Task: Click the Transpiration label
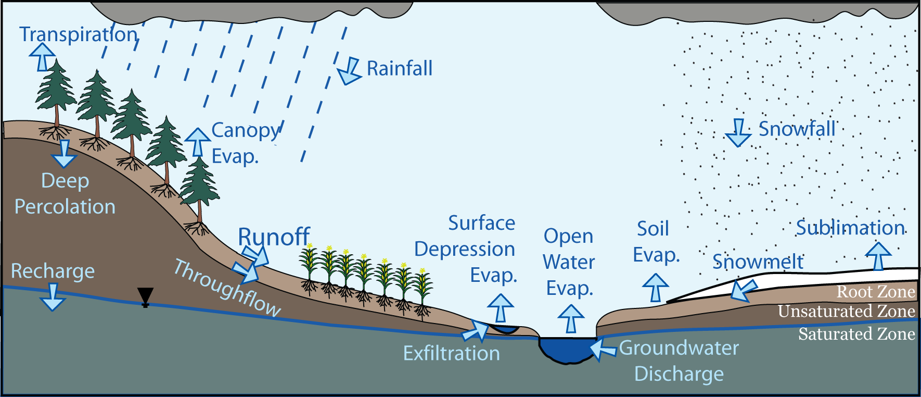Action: (78, 34)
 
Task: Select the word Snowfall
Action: (797, 129)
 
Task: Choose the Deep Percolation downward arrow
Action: (64, 153)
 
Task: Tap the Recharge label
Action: (53, 271)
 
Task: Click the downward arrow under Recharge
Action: (53, 297)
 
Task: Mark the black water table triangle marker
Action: (145, 296)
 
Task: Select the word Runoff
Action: (274, 237)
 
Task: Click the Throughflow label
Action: (227, 288)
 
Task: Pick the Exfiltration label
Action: (451, 353)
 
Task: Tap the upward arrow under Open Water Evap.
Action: (571, 318)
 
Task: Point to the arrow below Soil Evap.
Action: (655, 288)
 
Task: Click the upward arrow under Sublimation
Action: (878, 255)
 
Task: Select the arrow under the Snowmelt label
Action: (743, 290)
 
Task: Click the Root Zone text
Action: (875, 292)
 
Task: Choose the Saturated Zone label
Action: (856, 334)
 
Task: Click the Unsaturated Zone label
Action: (846, 312)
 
